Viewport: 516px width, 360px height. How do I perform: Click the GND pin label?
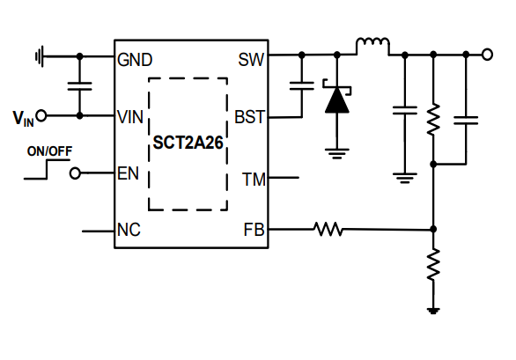point(135,60)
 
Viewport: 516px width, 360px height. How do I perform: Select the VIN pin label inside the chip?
point(130,116)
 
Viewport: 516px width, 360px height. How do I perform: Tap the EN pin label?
point(128,173)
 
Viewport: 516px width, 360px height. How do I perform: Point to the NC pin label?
point(129,231)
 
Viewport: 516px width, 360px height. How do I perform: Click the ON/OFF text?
point(49,151)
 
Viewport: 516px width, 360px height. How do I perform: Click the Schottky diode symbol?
point(336,99)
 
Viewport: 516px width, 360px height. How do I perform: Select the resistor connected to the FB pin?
point(328,230)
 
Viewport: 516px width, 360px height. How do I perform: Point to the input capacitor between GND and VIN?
point(80,86)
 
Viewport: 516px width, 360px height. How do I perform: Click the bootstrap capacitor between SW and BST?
point(301,86)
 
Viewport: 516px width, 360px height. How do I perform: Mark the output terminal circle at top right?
point(487,55)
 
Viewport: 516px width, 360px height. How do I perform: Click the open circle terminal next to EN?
point(76,173)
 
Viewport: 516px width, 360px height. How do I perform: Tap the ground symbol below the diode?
point(336,151)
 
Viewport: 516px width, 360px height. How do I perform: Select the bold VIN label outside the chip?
point(23,117)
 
